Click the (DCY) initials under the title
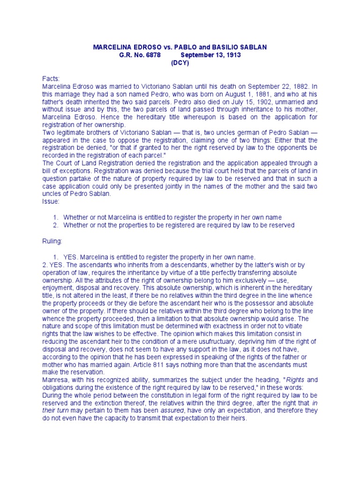pyautogui.click(x=180, y=63)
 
